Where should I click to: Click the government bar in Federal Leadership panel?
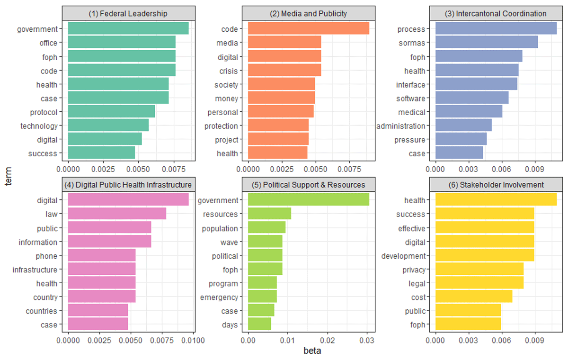click(x=128, y=29)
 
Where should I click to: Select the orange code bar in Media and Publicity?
click(x=309, y=29)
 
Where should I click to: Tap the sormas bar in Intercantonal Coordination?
click(x=486, y=43)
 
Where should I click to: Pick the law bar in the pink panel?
click(x=117, y=214)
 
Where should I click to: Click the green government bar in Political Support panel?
click(x=309, y=200)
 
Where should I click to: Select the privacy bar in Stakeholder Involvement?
click(x=479, y=270)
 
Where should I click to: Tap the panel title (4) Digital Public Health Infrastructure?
click(x=128, y=184)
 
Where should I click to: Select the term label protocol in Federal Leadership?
click(x=44, y=112)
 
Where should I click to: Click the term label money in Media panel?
click(x=226, y=99)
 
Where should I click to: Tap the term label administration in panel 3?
click(x=400, y=126)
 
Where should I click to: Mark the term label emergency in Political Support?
click(x=218, y=297)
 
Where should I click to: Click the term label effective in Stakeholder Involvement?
click(x=411, y=228)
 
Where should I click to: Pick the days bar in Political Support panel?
click(x=259, y=325)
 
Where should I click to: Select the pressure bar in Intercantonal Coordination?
click(x=461, y=140)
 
